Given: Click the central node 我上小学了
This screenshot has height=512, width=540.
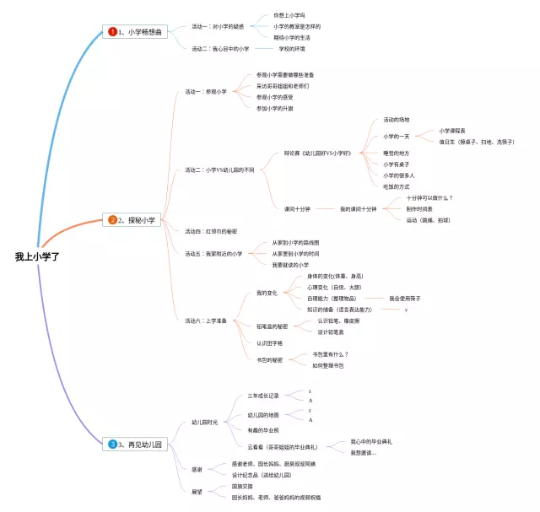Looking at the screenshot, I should click(37, 256).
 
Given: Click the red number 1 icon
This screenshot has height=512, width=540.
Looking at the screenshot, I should click(112, 32).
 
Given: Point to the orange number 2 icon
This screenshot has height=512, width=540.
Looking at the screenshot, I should click(112, 220).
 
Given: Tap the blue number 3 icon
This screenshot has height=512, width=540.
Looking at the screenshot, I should click(112, 443).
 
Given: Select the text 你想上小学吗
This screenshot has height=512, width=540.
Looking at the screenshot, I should click(290, 15).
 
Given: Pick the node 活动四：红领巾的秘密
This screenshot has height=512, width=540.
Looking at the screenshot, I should click(211, 230).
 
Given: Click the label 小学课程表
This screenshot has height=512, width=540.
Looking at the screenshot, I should click(457, 131).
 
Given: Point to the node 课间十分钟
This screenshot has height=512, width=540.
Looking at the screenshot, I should click(297, 208).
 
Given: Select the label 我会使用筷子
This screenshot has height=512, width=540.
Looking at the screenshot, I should click(405, 299).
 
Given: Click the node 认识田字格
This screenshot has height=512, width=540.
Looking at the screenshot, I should click(269, 343).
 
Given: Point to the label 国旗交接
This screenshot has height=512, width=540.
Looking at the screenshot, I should click(242, 487).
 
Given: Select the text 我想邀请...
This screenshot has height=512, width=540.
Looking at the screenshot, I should click(364, 453).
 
